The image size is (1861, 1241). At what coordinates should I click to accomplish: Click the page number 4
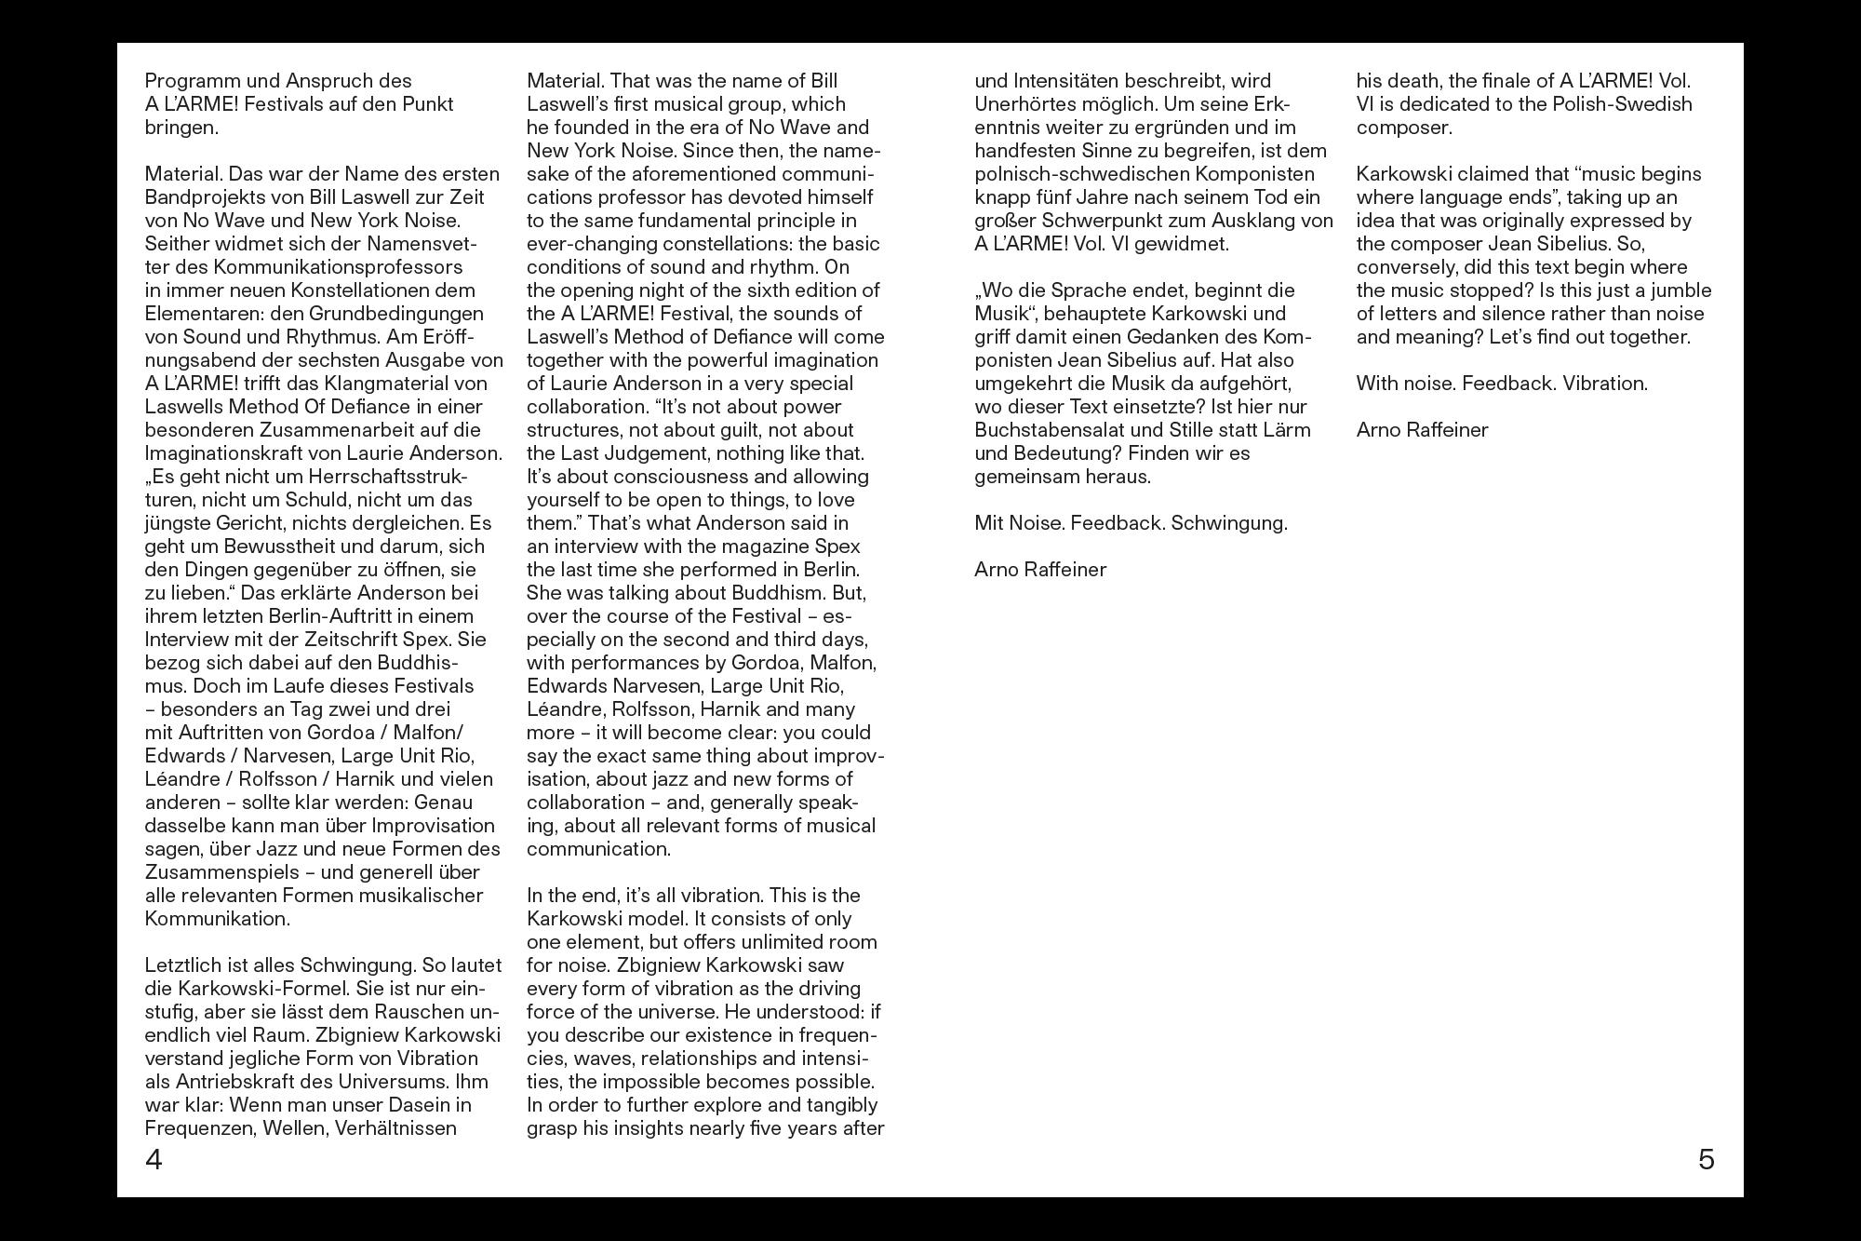click(154, 1160)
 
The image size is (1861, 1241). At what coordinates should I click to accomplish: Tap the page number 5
click(1706, 1160)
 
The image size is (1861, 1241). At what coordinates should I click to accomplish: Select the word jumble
click(1681, 290)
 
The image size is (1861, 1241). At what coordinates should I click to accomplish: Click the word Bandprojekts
click(205, 197)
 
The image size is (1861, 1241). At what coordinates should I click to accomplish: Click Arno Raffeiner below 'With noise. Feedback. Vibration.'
click(1422, 430)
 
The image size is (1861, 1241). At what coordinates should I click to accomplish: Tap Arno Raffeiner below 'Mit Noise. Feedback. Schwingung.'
click(1040, 570)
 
